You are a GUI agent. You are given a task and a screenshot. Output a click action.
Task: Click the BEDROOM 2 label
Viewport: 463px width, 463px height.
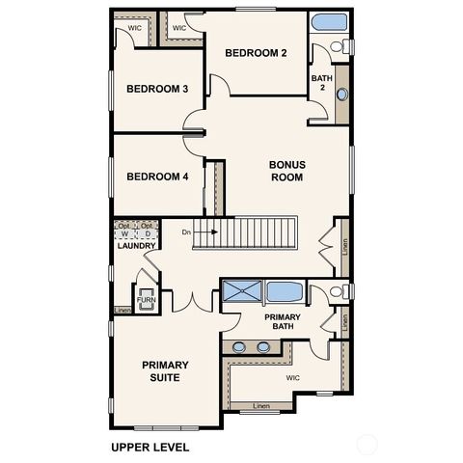point(257,53)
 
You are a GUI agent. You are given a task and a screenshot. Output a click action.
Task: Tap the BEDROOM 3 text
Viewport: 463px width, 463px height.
point(157,89)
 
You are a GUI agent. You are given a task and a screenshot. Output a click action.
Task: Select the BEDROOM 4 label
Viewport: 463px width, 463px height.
point(157,177)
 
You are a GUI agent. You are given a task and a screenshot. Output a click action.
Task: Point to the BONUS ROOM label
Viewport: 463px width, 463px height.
point(286,171)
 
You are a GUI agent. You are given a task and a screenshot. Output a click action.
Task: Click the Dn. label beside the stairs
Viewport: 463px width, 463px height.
point(186,232)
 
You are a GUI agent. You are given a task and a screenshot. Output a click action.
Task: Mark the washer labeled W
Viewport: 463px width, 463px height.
point(123,233)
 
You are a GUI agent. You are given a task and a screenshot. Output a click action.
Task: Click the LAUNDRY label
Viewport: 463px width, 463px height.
point(136,246)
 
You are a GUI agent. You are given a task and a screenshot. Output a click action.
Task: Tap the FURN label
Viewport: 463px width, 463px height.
point(145,300)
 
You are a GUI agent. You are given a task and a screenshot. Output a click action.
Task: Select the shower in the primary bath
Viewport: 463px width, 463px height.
point(241,291)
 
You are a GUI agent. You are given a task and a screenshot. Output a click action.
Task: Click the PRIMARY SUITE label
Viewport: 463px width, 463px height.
point(165,370)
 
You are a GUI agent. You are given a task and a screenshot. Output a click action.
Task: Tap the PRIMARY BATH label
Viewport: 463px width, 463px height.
point(283,321)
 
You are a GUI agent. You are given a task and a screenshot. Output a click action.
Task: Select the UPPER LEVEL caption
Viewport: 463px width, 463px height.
point(150,447)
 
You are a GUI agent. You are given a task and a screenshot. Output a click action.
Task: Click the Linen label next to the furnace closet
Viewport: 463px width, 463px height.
point(123,310)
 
